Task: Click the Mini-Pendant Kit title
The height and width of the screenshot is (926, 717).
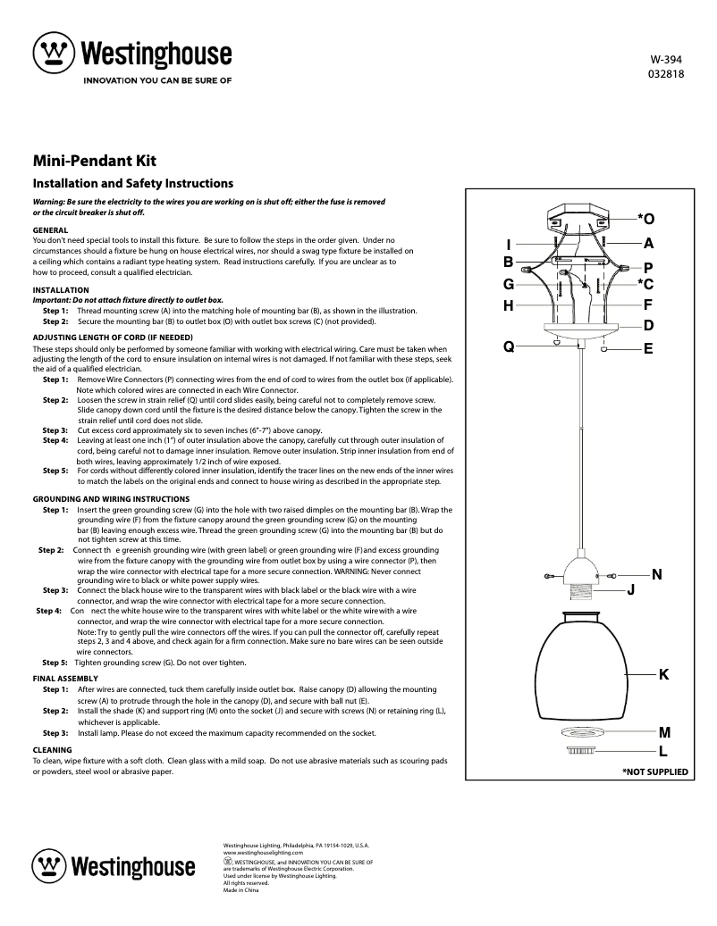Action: click(x=95, y=162)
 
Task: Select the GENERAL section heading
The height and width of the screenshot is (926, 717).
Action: click(x=50, y=230)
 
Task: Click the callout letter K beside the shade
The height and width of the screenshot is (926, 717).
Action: click(x=663, y=673)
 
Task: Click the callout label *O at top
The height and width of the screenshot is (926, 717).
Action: click(x=645, y=219)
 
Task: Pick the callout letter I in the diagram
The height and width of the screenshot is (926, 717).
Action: click(x=508, y=245)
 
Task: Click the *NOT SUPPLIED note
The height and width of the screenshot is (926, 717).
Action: click(x=654, y=771)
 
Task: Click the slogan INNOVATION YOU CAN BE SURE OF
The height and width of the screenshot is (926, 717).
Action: click(x=157, y=79)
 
